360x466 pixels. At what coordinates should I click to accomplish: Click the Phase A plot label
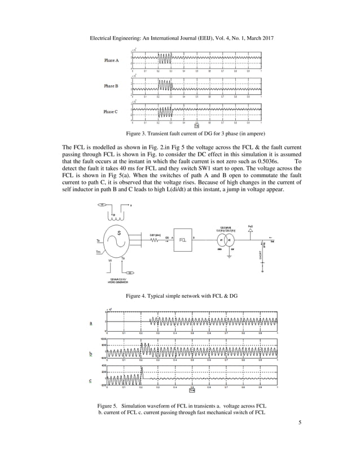[x=111, y=60]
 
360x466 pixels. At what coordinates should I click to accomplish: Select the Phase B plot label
[x=111, y=86]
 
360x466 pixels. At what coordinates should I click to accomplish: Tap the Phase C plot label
[x=111, y=112]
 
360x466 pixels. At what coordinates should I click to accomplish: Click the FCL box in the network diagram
[x=182, y=240]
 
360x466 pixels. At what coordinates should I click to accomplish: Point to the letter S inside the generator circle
[x=118, y=232]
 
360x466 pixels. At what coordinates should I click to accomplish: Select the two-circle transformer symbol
[x=226, y=240]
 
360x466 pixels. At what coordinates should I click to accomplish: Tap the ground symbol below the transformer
[x=229, y=257]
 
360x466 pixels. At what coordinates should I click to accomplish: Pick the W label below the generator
[x=109, y=261]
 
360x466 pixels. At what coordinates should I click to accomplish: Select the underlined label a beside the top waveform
[x=91, y=323]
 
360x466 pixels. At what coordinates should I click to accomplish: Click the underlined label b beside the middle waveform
[x=91, y=354]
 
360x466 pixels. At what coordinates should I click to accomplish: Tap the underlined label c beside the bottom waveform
[x=91, y=381]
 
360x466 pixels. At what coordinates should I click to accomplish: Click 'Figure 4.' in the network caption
[x=138, y=296]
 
